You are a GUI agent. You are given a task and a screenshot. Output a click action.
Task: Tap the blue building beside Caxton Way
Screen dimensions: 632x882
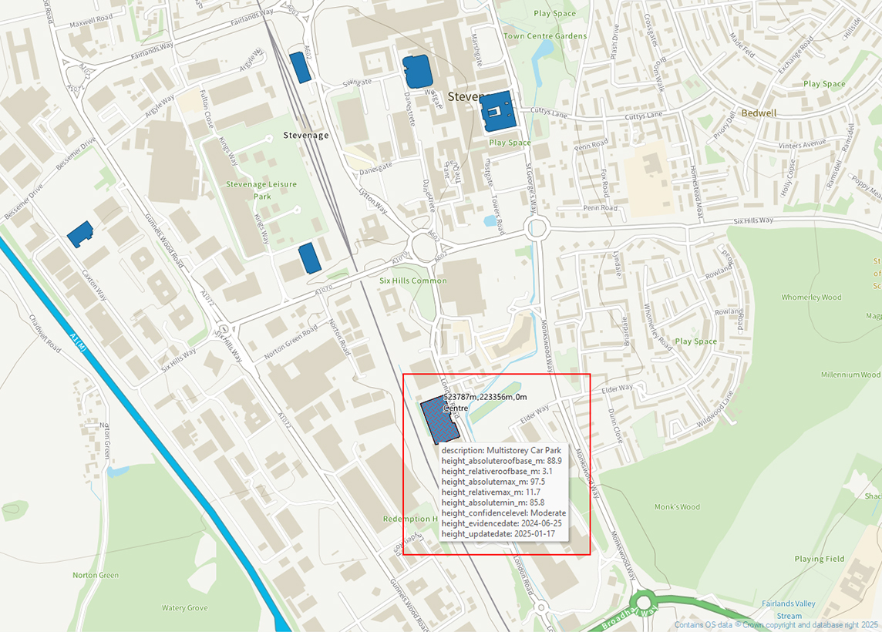click(79, 234)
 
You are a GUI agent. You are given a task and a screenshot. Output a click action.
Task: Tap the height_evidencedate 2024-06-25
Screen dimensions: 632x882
click(537, 523)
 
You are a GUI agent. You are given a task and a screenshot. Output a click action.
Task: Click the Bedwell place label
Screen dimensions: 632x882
click(759, 113)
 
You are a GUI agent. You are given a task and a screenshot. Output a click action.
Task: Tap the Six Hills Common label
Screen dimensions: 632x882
click(412, 281)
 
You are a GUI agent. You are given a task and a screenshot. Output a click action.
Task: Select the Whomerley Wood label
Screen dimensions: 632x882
click(811, 298)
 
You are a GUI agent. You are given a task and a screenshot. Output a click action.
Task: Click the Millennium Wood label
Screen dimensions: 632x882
click(850, 375)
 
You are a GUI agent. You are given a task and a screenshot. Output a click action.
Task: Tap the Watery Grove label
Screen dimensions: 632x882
click(184, 608)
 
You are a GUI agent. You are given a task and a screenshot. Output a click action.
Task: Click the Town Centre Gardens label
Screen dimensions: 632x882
click(545, 36)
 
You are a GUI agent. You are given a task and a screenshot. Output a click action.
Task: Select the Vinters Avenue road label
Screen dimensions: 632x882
click(802, 145)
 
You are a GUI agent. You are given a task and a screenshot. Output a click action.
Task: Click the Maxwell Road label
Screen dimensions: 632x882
click(90, 24)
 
